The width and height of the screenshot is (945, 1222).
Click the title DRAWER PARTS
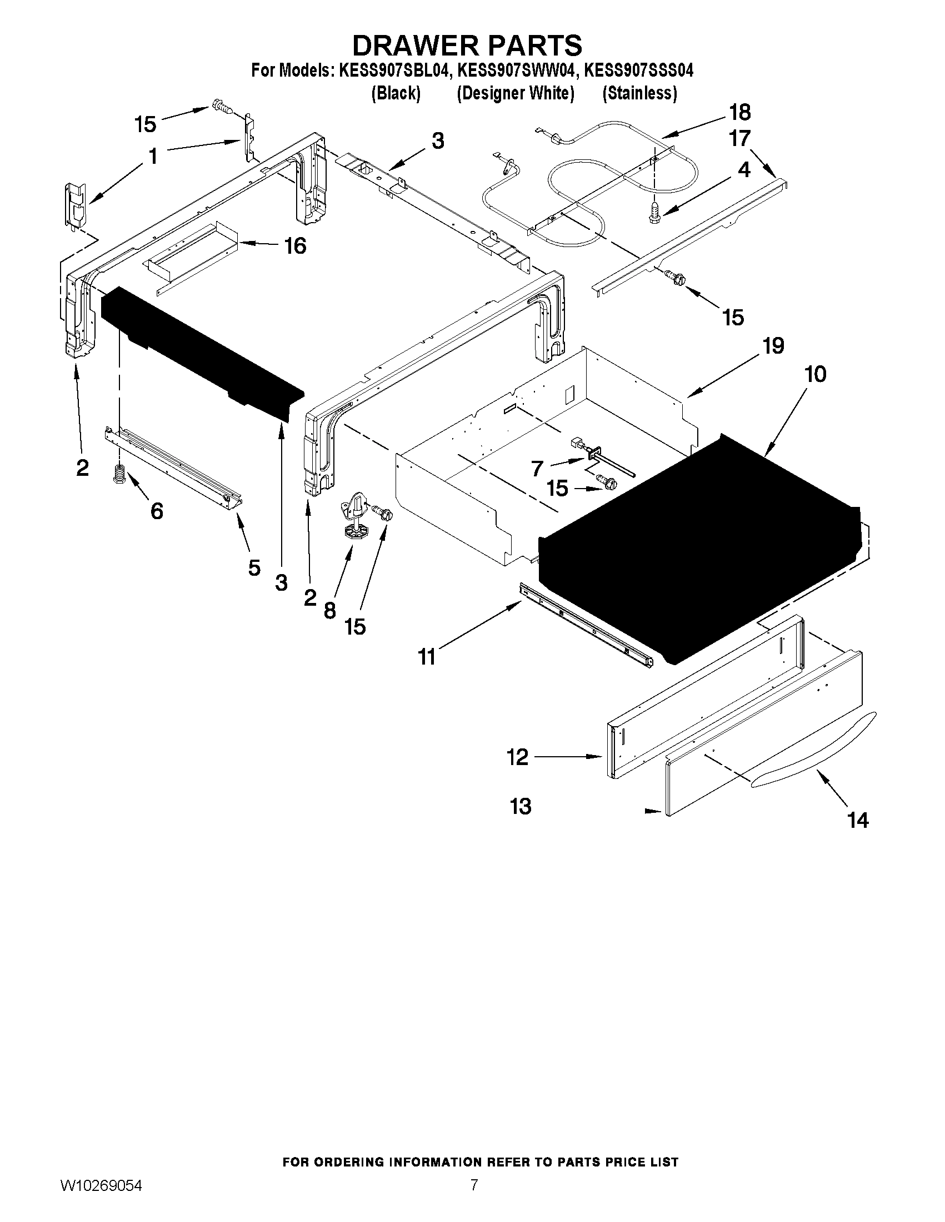pos(466,45)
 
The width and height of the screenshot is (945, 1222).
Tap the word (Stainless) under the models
pos(639,93)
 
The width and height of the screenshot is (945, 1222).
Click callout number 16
pos(295,245)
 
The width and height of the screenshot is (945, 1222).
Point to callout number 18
pos(740,113)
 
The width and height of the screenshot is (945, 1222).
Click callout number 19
pos(773,346)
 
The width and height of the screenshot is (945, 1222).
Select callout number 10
pos(815,374)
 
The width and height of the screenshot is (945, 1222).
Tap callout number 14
pos(858,821)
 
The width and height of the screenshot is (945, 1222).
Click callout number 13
pos(520,806)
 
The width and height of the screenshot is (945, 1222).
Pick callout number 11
pos(427,656)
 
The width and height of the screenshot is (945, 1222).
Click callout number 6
pos(157,510)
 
